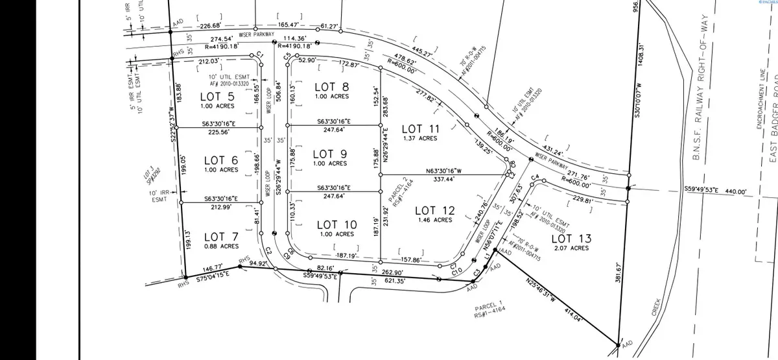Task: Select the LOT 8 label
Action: click(x=331, y=87)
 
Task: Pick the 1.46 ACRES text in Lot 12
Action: click(x=434, y=220)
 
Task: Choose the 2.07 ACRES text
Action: click(x=571, y=248)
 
